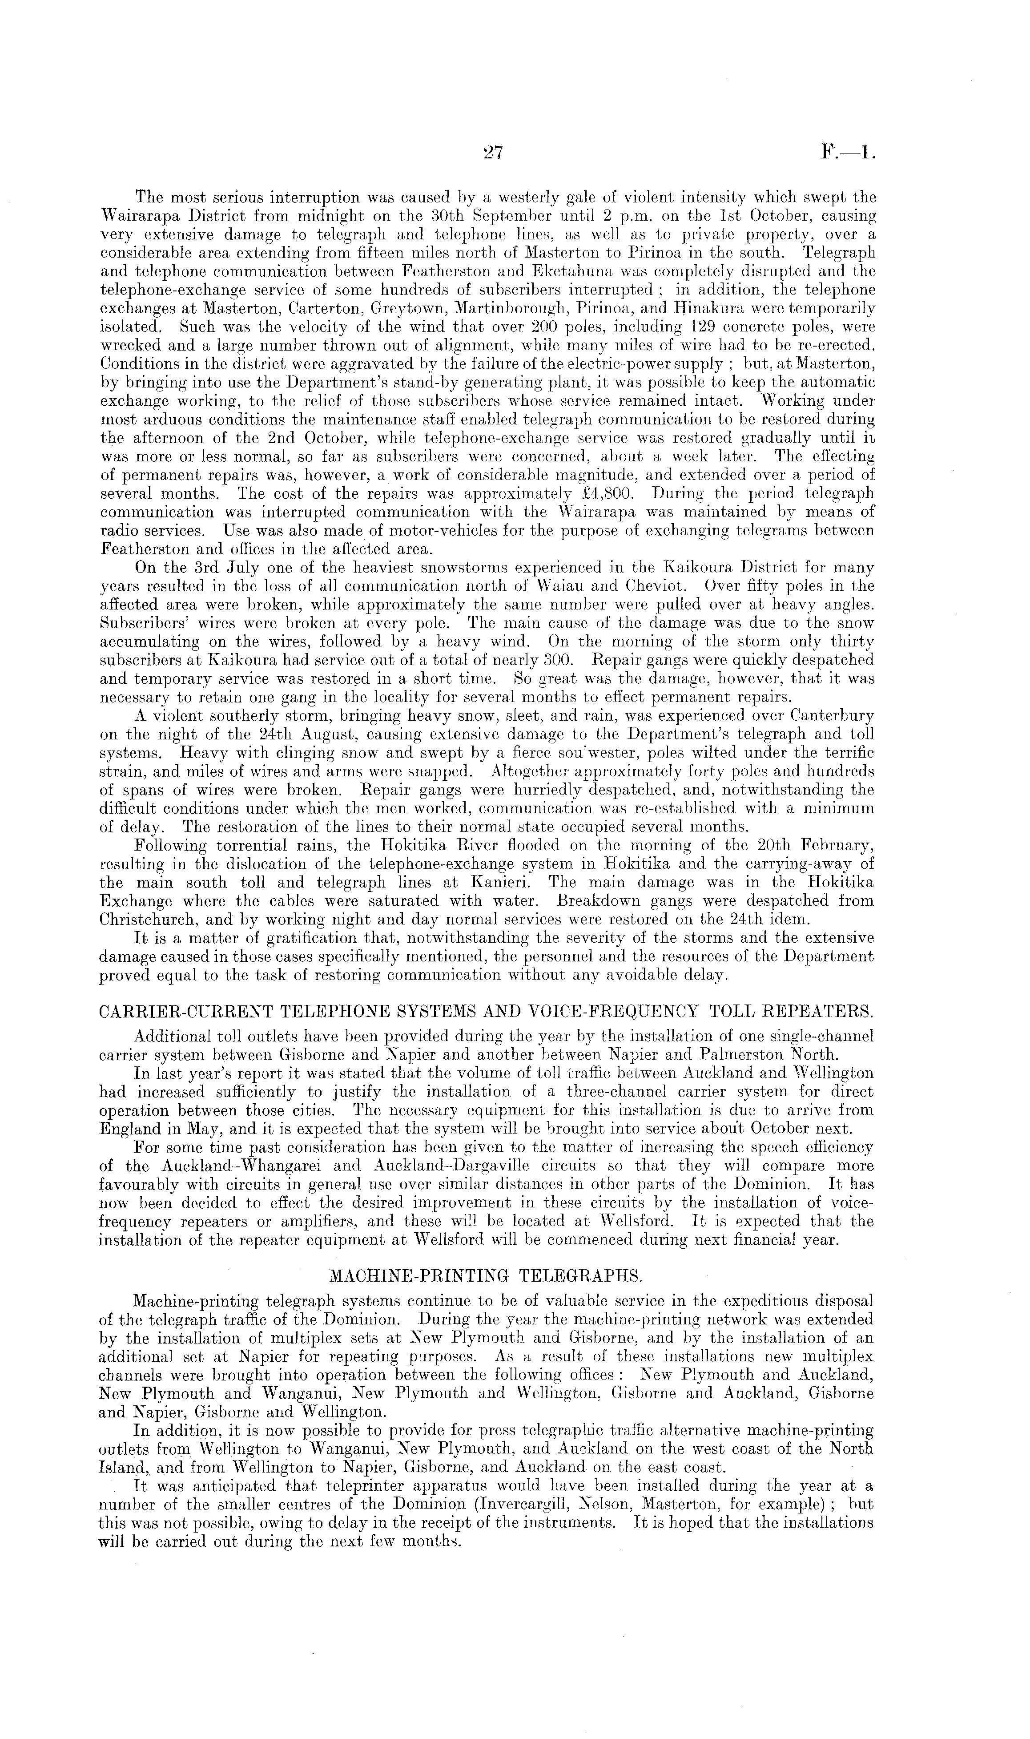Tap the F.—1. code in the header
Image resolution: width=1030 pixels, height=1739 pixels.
(847, 151)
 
